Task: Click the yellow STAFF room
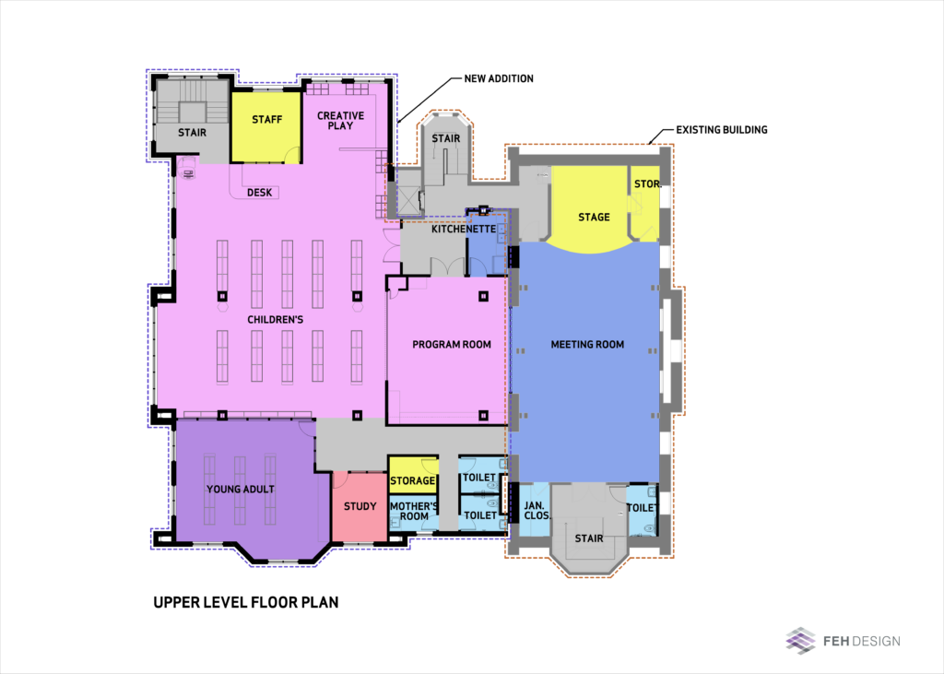[x=266, y=126]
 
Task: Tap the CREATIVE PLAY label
[x=341, y=121]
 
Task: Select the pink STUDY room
[x=360, y=506]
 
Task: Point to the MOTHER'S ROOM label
[x=414, y=511]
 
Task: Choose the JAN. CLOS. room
[x=535, y=510]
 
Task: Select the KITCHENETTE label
[x=464, y=229]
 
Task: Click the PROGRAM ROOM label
[x=452, y=345]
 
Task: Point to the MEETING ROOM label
[x=587, y=345]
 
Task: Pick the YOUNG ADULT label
[x=241, y=489]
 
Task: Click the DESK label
[x=259, y=193]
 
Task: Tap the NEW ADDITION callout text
[x=499, y=78]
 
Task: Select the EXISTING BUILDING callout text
[x=721, y=129]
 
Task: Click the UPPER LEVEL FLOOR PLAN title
[x=245, y=602]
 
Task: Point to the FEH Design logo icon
[x=801, y=640]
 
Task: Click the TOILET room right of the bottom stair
[x=642, y=510]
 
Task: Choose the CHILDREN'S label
[x=275, y=319]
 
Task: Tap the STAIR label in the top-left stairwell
[x=192, y=133]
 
